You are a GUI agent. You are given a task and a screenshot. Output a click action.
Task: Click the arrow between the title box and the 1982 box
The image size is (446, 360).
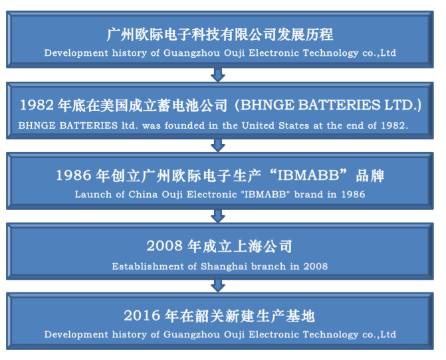click(218, 75)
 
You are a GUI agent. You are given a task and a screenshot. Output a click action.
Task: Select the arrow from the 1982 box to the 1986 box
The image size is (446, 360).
click(218, 145)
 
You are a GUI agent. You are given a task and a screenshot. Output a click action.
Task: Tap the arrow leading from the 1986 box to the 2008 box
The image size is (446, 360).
click(218, 216)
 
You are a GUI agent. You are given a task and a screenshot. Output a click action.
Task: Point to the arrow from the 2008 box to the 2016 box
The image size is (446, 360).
click(218, 286)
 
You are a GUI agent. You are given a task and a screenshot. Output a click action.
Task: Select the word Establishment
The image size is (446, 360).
click(148, 266)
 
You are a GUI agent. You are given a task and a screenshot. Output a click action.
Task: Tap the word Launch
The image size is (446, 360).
click(93, 195)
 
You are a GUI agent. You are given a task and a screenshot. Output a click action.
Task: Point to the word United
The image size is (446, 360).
click(258, 126)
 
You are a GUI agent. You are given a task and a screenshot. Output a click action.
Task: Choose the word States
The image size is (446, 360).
click(294, 126)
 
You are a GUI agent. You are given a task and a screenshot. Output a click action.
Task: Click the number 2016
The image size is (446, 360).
click(142, 315)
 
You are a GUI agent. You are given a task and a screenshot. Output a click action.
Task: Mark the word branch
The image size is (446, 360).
click(269, 266)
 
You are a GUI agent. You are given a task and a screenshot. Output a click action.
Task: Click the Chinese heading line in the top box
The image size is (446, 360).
click(220, 35)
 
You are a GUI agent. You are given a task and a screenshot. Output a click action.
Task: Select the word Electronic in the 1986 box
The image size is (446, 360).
click(212, 195)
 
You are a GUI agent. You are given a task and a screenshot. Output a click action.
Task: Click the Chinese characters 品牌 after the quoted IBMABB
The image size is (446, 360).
click(370, 176)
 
